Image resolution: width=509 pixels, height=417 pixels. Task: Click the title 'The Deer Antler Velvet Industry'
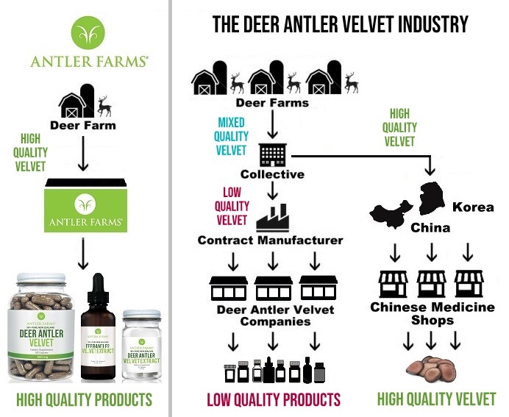341,24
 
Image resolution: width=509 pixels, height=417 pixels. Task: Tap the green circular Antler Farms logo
88,31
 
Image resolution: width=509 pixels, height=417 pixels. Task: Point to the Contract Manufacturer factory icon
271,218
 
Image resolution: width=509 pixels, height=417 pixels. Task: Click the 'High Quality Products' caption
84,400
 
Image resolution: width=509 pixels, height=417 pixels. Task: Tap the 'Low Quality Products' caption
274,400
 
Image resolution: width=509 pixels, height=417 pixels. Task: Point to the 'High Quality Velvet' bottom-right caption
436,400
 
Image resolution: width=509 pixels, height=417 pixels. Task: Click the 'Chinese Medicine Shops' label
433,313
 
